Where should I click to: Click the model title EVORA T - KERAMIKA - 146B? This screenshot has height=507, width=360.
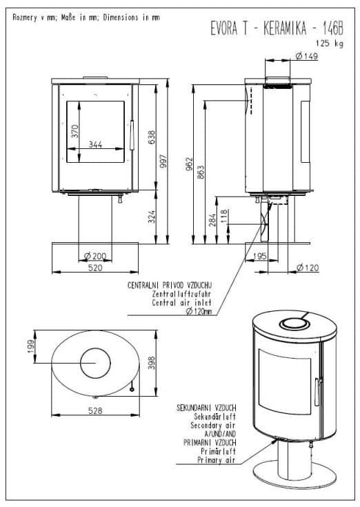click(277, 28)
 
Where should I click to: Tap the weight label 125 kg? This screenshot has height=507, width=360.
click(329, 43)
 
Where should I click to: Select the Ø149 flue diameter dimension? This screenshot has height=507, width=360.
click(307, 56)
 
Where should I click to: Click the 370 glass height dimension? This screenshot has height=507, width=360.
click(74, 131)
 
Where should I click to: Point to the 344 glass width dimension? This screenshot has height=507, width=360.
click(96, 144)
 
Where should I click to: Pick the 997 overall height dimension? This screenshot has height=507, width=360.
click(163, 161)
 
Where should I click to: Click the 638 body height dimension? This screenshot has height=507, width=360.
click(151, 137)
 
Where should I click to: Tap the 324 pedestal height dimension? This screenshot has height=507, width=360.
click(151, 217)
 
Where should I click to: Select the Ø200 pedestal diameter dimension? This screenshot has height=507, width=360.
click(95, 257)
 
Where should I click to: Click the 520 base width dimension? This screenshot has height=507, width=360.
click(95, 268)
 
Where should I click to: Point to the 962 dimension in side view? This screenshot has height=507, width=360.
click(190, 163)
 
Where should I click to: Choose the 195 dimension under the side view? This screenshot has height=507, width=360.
click(260, 256)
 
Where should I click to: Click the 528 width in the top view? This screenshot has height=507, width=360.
click(95, 410)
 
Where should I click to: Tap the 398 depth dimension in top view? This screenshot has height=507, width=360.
click(151, 362)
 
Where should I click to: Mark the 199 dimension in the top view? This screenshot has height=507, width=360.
click(31, 346)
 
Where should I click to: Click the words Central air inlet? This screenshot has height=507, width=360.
click(181, 303)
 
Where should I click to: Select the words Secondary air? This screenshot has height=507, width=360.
click(213, 425)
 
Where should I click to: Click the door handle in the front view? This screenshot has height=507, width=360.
click(132, 135)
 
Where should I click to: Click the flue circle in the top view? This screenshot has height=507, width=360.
click(95, 348)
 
